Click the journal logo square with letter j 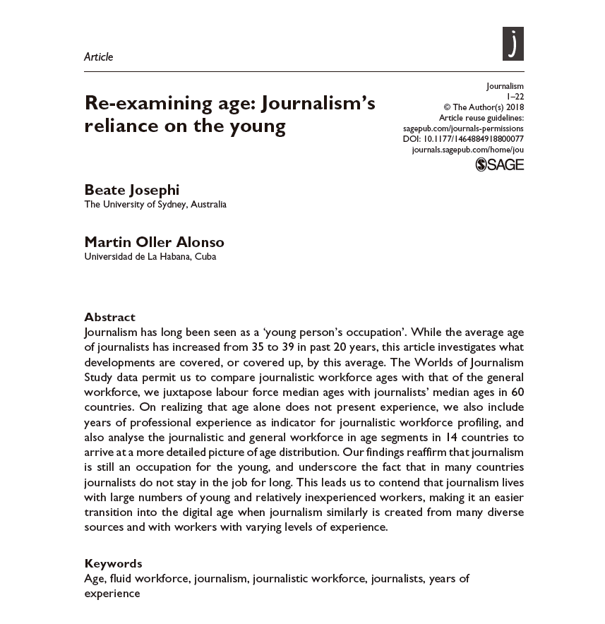pos(513,44)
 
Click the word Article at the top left pos(98,57)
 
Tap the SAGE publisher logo pos(500,165)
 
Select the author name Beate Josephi pos(132,190)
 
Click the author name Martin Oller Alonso pos(154,242)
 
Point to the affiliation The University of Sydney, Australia pos(155,205)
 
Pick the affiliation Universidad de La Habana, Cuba pos(150,257)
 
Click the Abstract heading pos(109,317)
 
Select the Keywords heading pos(113,563)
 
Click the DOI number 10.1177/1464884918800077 pos(473,139)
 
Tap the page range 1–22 pos(515,97)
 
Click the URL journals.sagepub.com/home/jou pos(467,150)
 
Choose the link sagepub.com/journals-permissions pos(463,128)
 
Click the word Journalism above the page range pos(505,86)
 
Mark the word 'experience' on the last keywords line pos(112,594)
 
